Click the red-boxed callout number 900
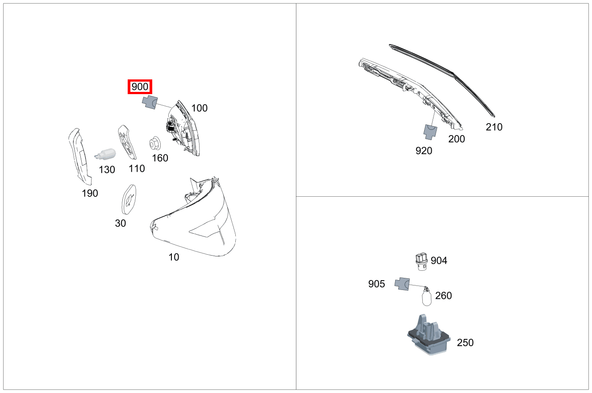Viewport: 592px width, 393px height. pos(140,87)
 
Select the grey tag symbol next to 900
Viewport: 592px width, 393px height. pos(150,102)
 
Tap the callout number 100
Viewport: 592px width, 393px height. pos(199,108)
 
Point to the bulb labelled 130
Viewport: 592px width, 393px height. pos(106,154)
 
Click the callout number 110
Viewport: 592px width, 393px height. pos(137,169)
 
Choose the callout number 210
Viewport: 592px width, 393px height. pos(494,127)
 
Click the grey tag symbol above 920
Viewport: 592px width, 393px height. pos(430,130)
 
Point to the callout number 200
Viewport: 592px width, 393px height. pos(456,139)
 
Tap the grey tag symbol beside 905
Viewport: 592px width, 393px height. pos(402,284)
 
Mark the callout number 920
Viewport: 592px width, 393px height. pos(424,151)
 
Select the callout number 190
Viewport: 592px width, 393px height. pos(90,193)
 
